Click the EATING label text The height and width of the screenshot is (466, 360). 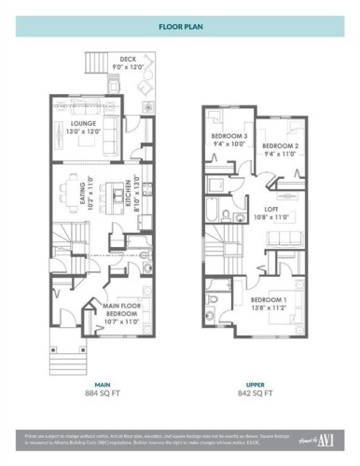tap(90, 194)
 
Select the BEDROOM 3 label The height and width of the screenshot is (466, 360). tap(228, 140)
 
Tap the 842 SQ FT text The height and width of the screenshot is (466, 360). tap(255, 393)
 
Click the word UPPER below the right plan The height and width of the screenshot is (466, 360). tap(255, 383)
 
